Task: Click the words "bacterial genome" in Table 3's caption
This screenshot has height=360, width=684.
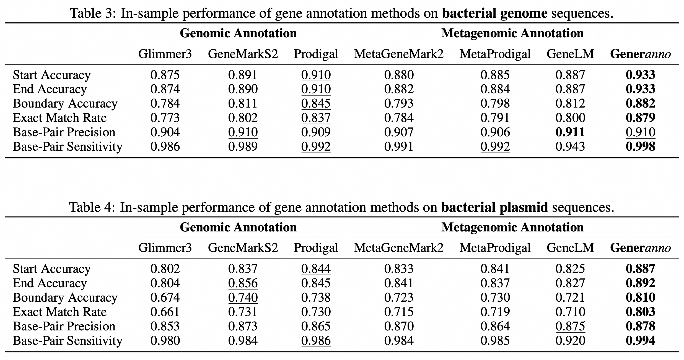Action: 495,13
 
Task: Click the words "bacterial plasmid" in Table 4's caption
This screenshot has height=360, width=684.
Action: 494,207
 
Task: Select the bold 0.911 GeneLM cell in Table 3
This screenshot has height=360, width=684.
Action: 570,132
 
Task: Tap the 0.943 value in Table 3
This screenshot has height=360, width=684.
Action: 570,146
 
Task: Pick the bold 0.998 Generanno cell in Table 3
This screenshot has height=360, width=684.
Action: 641,146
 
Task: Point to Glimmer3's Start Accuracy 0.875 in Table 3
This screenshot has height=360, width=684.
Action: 165,75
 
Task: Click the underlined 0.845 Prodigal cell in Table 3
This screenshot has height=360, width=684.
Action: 316,103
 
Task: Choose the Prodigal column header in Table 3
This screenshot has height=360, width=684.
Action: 316,54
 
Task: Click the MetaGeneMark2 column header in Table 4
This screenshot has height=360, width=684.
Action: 399,247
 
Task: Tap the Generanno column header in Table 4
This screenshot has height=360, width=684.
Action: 641,247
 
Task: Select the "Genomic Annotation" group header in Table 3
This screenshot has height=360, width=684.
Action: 238,33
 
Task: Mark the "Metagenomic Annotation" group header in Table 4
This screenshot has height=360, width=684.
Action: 512,227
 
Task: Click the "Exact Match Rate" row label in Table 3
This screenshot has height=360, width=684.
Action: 60,118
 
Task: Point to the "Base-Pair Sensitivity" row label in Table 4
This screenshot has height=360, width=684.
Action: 68,341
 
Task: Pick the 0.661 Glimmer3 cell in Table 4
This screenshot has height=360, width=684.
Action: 165,312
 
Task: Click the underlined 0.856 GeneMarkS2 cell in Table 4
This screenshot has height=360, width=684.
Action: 243,283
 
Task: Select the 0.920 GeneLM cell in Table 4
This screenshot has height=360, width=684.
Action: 570,341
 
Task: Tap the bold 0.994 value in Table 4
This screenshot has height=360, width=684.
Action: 641,341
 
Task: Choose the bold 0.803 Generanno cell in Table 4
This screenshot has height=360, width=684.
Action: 641,312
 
